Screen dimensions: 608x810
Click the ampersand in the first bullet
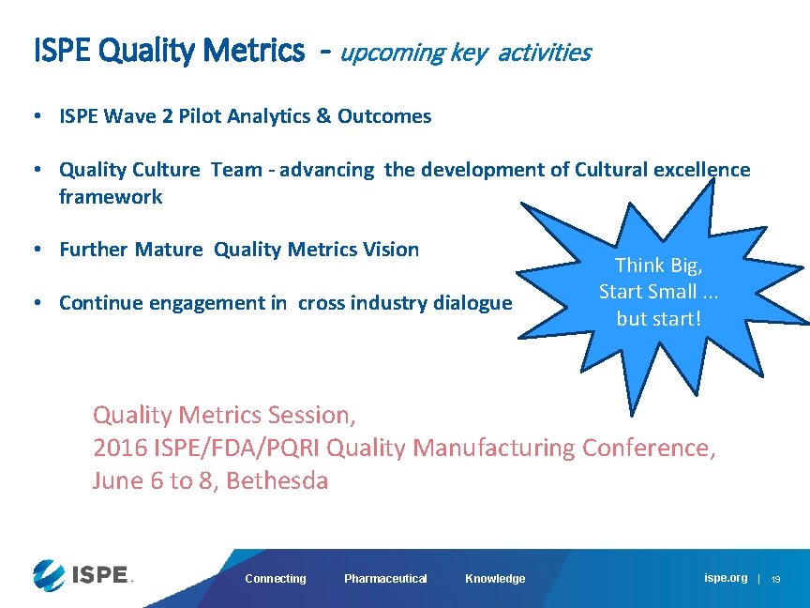[323, 116]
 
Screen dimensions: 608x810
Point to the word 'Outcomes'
[384, 116]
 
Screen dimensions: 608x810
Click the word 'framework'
[111, 197]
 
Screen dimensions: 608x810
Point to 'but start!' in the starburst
[658, 318]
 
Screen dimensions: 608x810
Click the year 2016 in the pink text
[123, 448]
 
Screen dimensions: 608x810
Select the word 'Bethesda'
[277, 481]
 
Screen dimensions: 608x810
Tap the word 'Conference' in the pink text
[648, 448]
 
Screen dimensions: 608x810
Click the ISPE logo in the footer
[82, 574]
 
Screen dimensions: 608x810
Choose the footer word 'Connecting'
[276, 579]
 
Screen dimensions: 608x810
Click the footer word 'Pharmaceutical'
[385, 579]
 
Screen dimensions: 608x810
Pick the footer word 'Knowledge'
[495, 579]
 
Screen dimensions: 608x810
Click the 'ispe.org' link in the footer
[726, 578]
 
